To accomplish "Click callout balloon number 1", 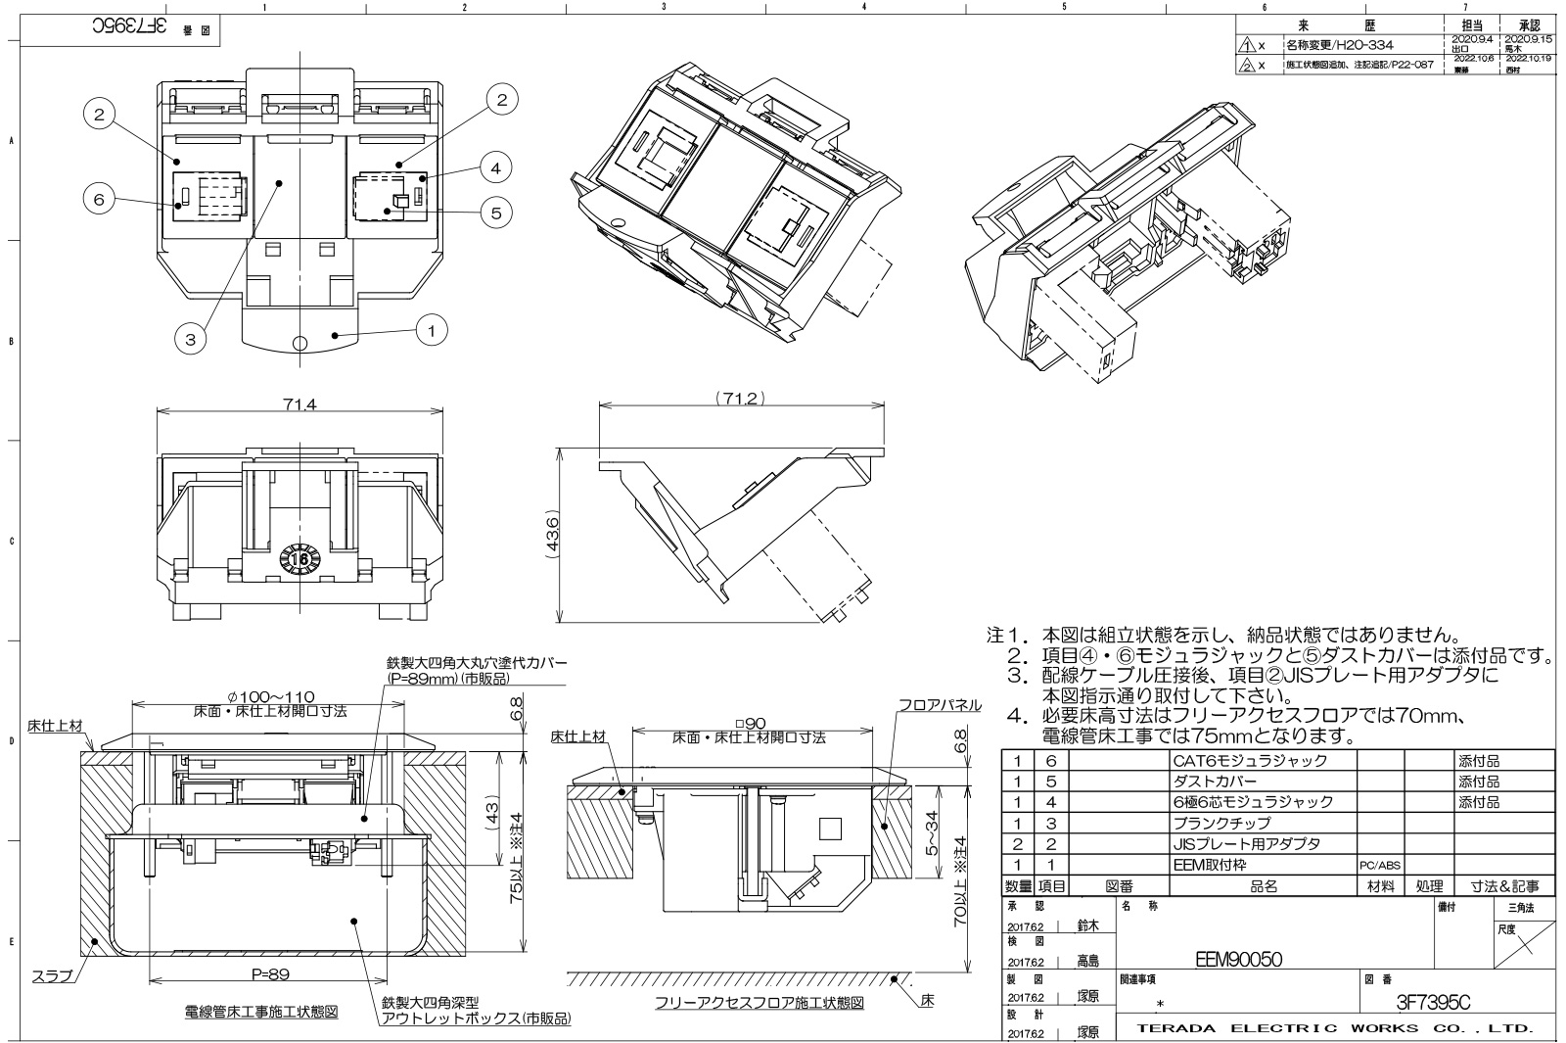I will pyautogui.click(x=432, y=330).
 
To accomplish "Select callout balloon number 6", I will pyautogui.click(x=99, y=199).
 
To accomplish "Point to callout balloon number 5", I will pyautogui.click(x=496, y=213).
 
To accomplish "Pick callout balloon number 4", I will pyautogui.click(x=496, y=168).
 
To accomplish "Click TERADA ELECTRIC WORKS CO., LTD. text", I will pyautogui.click(x=1334, y=1028).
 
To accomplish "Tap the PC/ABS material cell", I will pyautogui.click(x=1379, y=866).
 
